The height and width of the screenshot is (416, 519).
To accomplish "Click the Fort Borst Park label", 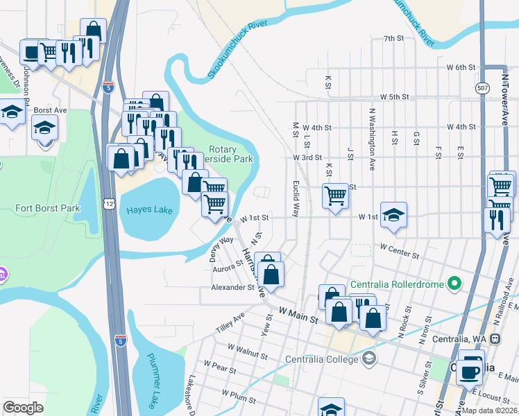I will (44, 208).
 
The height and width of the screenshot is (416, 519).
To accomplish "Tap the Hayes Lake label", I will (148, 211).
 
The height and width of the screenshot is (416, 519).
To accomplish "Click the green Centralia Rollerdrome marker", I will (454, 283).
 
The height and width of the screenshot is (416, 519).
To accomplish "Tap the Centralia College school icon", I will (369, 358).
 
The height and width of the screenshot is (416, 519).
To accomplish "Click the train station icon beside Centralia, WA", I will (495, 339).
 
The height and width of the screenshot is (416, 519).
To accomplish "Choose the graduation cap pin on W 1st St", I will (393, 215).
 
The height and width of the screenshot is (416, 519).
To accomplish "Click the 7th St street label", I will (393, 38).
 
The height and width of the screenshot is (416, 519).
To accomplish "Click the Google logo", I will (23, 407).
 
